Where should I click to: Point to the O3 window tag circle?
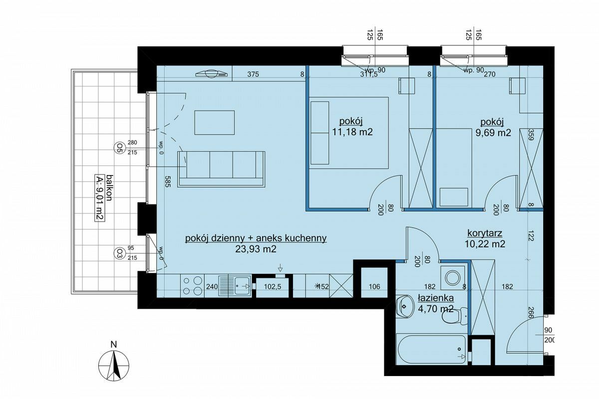click(118, 253)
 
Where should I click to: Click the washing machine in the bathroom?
click(452, 278)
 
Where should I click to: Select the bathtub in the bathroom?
click(431, 349)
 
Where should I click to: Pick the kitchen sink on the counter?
click(235, 286)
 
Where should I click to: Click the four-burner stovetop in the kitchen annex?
click(192, 286)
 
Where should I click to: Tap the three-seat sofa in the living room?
click(221, 169)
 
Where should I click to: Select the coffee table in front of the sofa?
click(215, 122)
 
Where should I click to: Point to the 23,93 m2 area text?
click(256, 249)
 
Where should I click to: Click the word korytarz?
click(485, 233)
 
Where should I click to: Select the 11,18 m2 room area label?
click(352, 132)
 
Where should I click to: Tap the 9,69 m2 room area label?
click(493, 133)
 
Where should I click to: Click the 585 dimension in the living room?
click(167, 181)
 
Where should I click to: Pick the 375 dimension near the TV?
click(253, 74)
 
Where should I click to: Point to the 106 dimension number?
click(374, 286)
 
